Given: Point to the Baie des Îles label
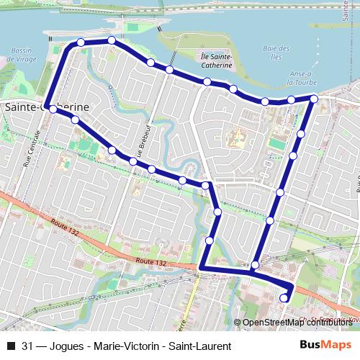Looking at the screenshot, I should [x=276, y=53].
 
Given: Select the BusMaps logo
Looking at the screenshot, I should [x=326, y=345].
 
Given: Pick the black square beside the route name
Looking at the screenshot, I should [x=10, y=346].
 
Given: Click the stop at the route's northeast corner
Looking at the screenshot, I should [x=314, y=98].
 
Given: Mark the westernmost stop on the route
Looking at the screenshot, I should [x=52, y=109].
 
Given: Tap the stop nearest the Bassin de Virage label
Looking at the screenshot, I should [x=81, y=42].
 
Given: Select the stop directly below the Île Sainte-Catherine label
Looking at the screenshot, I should [x=207, y=81].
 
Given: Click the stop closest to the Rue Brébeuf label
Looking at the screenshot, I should [x=133, y=162].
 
